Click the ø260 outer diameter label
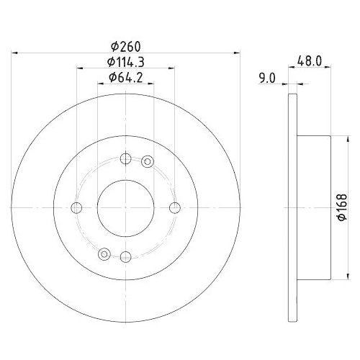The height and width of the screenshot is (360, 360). [x=125, y=45]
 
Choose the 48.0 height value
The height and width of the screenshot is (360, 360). [x=310, y=62]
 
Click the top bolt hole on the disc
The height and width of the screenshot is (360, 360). [x=125, y=159]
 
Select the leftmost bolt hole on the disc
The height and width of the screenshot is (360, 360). [x=76, y=208]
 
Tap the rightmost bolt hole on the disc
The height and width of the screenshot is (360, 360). [x=174, y=208]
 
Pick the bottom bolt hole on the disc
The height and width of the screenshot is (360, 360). [x=125, y=256]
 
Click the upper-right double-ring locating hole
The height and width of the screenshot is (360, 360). [x=148, y=161]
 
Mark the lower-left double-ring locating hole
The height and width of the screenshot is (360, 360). [x=104, y=253]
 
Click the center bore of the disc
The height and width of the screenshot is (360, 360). [x=125, y=208]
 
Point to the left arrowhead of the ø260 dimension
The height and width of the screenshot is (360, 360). [x=16, y=53]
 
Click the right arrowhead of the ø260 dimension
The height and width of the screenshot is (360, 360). [x=235, y=53]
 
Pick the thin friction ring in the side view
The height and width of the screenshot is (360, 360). [x=292, y=208]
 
